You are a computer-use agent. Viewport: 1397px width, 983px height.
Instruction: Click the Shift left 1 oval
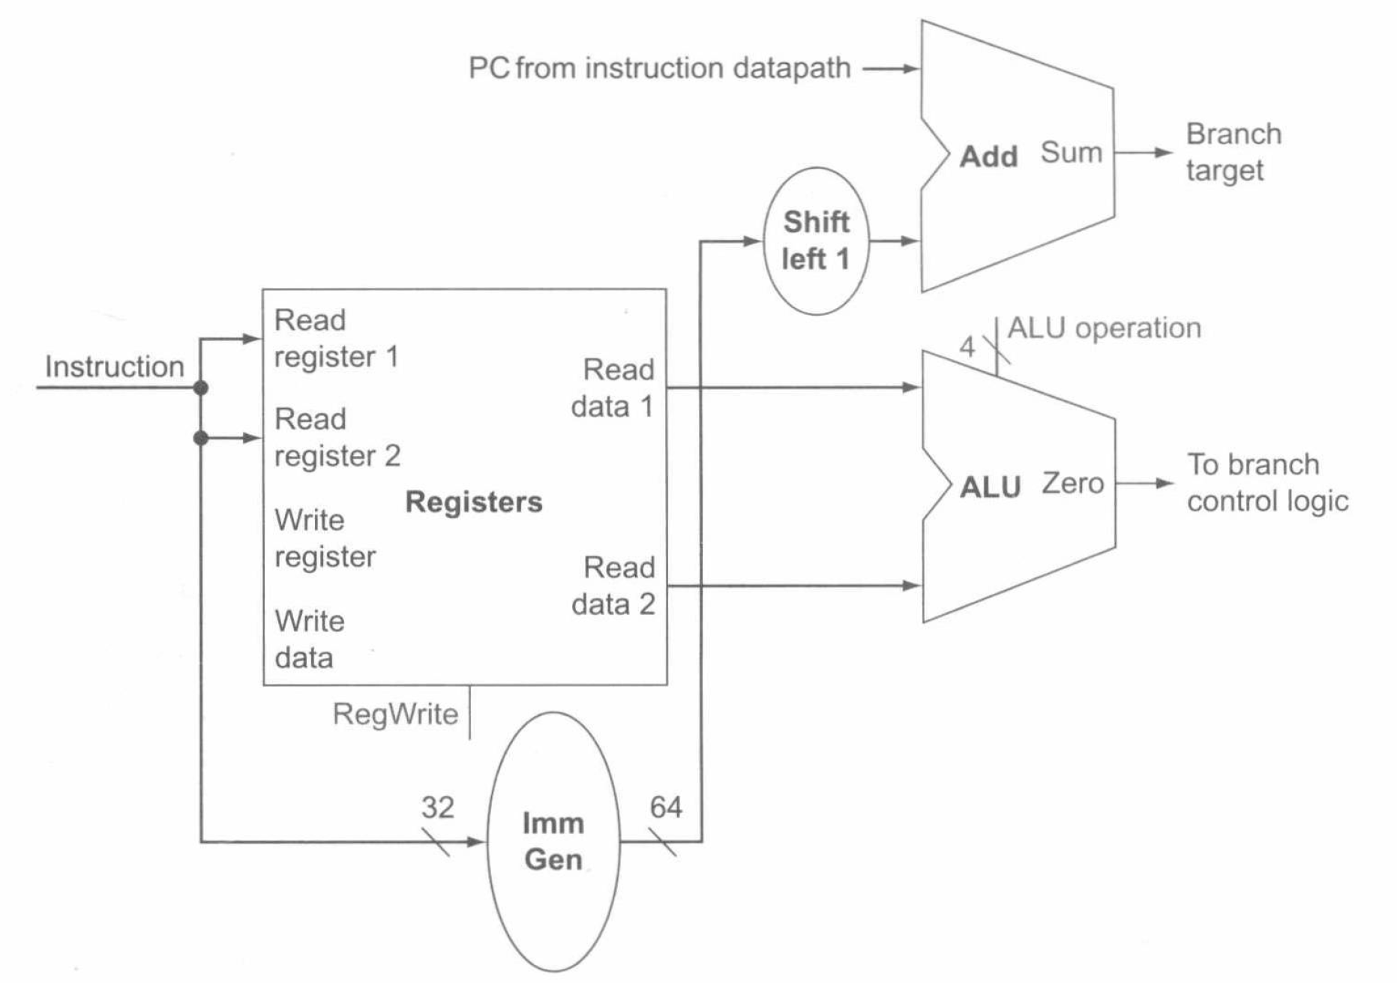pyautogui.click(x=816, y=241)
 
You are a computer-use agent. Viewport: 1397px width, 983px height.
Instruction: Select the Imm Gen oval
pyautogui.click(x=553, y=841)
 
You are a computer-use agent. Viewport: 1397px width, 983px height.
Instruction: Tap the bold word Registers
pyautogui.click(x=473, y=502)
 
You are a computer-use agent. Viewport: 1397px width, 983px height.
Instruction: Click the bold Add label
pyautogui.click(x=988, y=157)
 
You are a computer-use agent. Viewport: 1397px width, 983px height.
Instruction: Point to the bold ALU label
pyautogui.click(x=990, y=487)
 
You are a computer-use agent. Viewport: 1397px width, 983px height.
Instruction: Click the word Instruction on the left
pyautogui.click(x=114, y=367)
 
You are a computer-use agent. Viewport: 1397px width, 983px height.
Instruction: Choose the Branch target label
pyautogui.click(x=1233, y=152)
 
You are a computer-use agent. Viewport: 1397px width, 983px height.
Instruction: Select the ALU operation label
pyautogui.click(x=1104, y=328)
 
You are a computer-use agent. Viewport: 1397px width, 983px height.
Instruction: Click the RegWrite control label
pyautogui.click(x=395, y=714)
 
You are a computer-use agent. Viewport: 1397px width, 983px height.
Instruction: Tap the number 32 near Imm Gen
pyautogui.click(x=437, y=808)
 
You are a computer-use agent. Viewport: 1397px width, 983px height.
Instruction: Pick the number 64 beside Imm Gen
pyautogui.click(x=666, y=808)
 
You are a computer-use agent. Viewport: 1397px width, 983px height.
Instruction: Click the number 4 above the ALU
pyautogui.click(x=967, y=346)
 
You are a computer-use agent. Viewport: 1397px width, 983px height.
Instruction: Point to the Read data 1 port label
pyautogui.click(x=613, y=388)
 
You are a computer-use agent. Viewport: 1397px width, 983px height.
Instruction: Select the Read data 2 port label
pyautogui.click(x=614, y=586)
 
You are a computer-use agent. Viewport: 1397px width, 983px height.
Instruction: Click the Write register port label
pyautogui.click(x=325, y=538)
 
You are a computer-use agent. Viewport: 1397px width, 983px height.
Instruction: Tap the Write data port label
pyautogui.click(x=309, y=639)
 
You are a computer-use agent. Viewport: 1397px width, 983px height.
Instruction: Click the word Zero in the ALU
pyautogui.click(x=1072, y=484)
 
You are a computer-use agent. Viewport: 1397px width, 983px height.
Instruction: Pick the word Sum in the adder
pyautogui.click(x=1071, y=152)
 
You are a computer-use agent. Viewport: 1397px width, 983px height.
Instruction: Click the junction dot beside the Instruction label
pyautogui.click(x=201, y=388)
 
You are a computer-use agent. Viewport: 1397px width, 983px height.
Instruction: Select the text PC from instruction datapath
pyautogui.click(x=659, y=68)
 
